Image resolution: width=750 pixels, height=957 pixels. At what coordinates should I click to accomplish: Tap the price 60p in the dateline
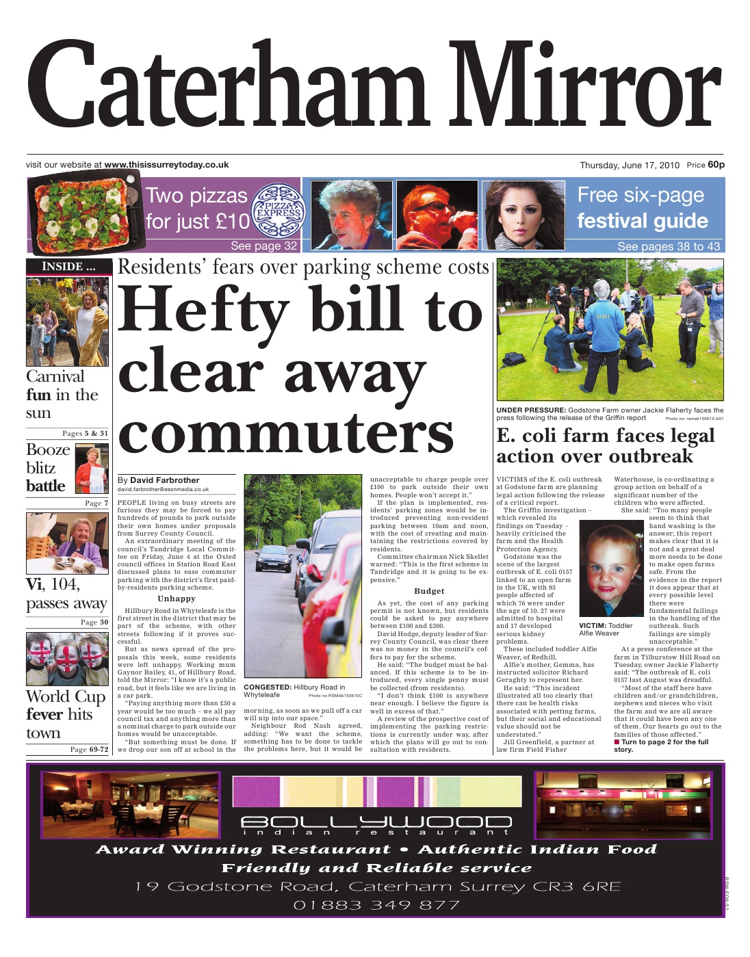(716, 164)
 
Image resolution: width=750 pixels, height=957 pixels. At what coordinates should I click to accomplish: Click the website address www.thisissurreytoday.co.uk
(166, 165)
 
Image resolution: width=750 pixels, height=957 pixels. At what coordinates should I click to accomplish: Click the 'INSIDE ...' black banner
(67, 266)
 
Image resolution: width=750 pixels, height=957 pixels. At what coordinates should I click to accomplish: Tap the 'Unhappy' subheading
(177, 599)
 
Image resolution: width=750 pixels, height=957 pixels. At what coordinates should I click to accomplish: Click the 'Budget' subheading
(429, 591)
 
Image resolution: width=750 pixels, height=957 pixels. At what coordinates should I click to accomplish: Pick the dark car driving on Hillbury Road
(269, 558)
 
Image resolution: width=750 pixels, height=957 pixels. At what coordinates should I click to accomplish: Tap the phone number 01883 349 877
(376, 905)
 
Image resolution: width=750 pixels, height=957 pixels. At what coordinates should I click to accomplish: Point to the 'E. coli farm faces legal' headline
(605, 436)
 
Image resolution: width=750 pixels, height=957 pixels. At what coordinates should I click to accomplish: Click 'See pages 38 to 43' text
(668, 246)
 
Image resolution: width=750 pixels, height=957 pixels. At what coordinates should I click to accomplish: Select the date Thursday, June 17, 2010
(630, 165)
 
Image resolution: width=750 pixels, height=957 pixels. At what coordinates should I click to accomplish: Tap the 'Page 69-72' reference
(89, 749)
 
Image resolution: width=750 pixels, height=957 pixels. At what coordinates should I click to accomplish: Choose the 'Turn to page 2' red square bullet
(617, 742)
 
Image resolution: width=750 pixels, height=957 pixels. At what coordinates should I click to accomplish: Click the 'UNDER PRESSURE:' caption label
(530, 410)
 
